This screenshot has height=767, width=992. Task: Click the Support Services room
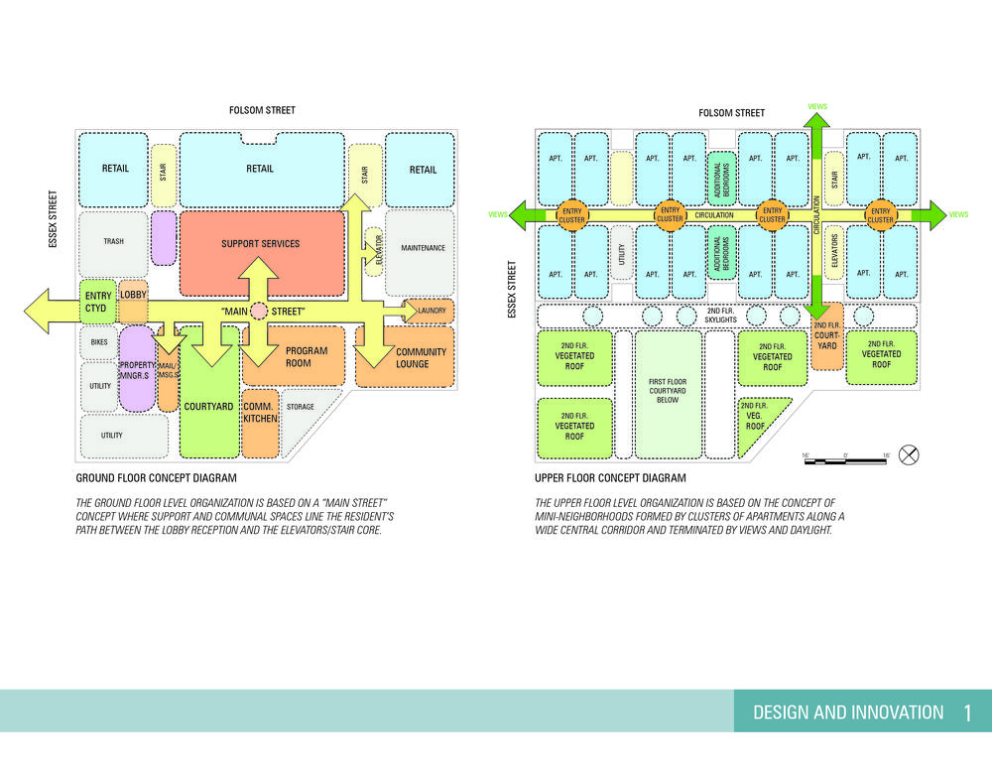pyautogui.click(x=260, y=244)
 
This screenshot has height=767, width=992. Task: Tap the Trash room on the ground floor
pyautogui.click(x=113, y=241)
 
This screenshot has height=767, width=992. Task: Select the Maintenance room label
pyautogui.click(x=422, y=248)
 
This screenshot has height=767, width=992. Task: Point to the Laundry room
pyautogui.click(x=431, y=312)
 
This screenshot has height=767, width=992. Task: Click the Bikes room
pyautogui.click(x=98, y=341)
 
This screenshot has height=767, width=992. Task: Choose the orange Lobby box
pyautogui.click(x=133, y=296)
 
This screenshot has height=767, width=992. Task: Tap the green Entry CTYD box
pyautogui.click(x=99, y=302)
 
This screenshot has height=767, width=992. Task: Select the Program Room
pyautogui.click(x=306, y=357)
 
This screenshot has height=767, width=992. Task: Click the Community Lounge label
pyautogui.click(x=421, y=358)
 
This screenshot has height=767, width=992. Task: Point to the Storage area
pyautogui.click(x=300, y=408)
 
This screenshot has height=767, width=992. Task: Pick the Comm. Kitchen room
pyautogui.click(x=258, y=413)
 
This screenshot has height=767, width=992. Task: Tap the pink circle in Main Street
pyautogui.click(x=259, y=312)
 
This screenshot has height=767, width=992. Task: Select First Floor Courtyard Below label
pyautogui.click(x=668, y=390)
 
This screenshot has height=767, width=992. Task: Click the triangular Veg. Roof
pyautogui.click(x=758, y=418)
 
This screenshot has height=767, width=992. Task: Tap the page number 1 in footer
pyautogui.click(x=966, y=712)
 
